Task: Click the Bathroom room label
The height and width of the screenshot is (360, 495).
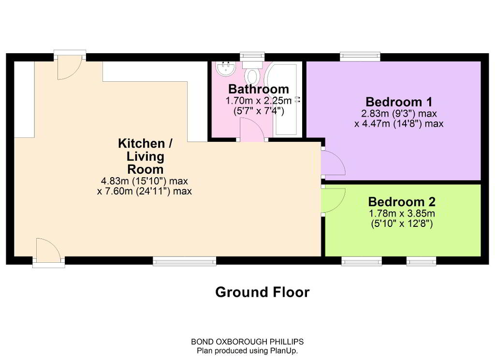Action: click(x=259, y=89)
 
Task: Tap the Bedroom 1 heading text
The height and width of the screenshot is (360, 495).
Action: click(x=399, y=102)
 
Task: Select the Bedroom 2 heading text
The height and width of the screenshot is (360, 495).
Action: click(x=402, y=202)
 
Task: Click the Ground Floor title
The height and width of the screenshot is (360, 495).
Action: click(x=262, y=292)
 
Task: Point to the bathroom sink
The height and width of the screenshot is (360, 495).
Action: click(x=225, y=69)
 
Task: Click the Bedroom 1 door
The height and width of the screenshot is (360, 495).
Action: click(x=334, y=163)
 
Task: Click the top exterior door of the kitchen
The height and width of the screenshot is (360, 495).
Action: click(x=70, y=67)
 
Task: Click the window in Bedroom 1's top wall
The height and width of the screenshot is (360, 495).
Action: click(x=360, y=57)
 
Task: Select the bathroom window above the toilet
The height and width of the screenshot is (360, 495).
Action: click(x=252, y=57)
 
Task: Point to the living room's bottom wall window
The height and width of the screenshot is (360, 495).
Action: click(x=185, y=261)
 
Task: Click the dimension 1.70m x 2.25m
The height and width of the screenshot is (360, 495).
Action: click(x=259, y=101)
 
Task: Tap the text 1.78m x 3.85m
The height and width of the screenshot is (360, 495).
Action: click(x=402, y=213)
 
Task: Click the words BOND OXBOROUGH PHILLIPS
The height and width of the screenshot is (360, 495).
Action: click(x=247, y=342)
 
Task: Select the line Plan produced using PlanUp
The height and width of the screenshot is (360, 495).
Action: click(x=247, y=350)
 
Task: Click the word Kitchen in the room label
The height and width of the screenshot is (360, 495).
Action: click(x=142, y=143)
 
